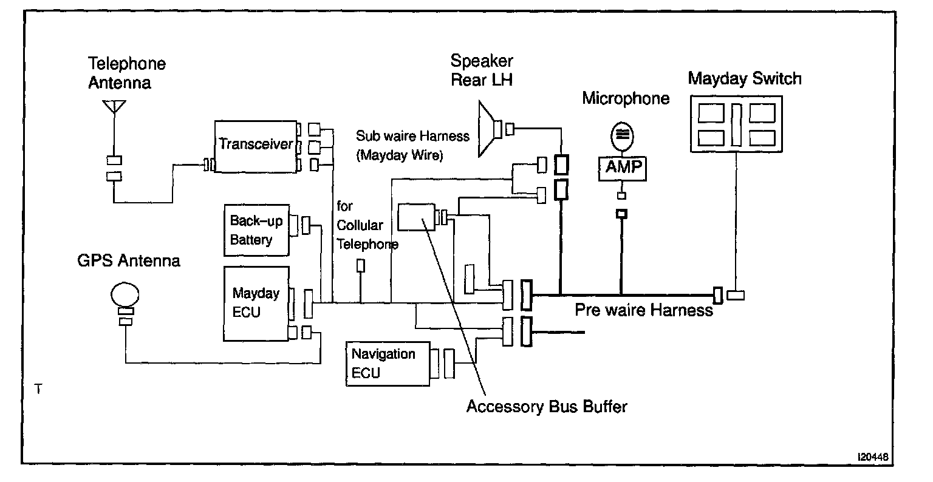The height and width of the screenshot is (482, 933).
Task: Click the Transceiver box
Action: tap(256, 146)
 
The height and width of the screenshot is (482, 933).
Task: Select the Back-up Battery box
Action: tap(256, 230)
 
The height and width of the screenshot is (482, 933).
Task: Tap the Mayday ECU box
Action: tap(256, 304)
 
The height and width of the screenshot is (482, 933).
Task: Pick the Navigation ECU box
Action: tap(388, 364)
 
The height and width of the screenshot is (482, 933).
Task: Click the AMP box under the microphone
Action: tap(622, 169)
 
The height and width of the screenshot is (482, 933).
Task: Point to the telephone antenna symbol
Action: tap(114, 107)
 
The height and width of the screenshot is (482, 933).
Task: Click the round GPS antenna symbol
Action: tap(125, 294)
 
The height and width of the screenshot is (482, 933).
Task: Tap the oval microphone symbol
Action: tap(622, 136)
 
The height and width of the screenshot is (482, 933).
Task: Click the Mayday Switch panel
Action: tap(736, 124)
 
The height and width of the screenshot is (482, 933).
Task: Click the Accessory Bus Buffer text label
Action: tap(547, 407)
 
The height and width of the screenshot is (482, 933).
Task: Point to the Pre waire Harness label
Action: tap(644, 310)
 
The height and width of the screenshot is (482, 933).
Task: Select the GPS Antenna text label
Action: tap(129, 261)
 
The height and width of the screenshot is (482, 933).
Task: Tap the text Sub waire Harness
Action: tap(412, 136)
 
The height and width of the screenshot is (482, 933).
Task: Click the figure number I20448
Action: tap(873, 457)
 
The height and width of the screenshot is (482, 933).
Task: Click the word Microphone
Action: tap(626, 99)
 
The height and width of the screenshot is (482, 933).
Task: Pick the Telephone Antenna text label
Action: tap(126, 73)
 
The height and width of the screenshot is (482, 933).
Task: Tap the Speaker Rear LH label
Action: tap(482, 70)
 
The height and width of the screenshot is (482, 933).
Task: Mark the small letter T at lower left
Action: tap(38, 389)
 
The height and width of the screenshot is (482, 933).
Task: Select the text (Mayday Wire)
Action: tap(400, 155)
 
